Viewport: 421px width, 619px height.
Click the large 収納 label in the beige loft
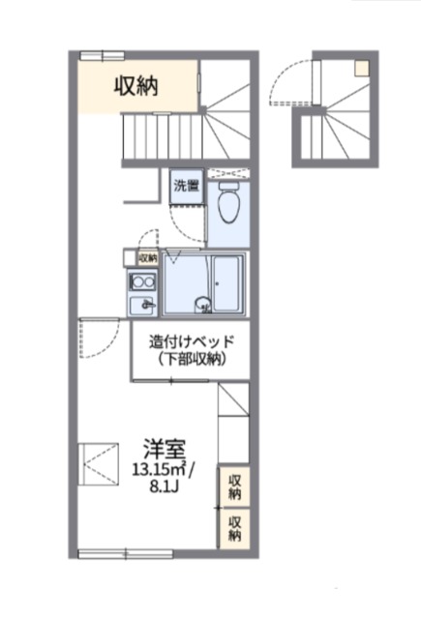[136, 86]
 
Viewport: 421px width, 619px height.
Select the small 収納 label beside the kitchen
[148, 258]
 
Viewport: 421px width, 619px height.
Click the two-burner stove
[142, 281]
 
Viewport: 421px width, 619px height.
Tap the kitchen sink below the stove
[142, 306]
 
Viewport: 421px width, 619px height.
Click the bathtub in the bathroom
[227, 283]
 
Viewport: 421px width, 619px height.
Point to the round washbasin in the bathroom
[203, 305]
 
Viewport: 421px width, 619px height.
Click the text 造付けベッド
[192, 341]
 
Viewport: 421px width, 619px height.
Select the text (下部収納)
[192, 359]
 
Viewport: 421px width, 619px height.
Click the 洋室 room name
[164, 449]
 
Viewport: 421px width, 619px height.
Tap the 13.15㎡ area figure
[161, 470]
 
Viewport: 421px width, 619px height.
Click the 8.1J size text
[165, 486]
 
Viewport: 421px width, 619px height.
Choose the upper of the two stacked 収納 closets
[234, 486]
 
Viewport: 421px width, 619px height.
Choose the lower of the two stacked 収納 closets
[234, 529]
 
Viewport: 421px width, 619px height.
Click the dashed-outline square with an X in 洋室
[99, 464]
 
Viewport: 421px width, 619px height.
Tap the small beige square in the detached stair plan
[362, 68]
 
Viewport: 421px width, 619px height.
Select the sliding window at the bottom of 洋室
[126, 554]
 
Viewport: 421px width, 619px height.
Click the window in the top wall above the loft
[103, 55]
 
